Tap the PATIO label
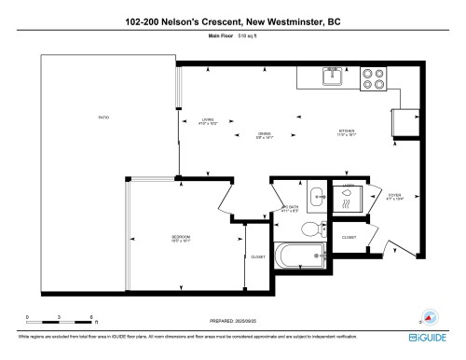(104, 118)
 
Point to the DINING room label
(265, 133)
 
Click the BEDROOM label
(180, 239)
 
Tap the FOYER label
(394, 196)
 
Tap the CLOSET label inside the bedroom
(258, 256)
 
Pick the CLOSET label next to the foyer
(349, 238)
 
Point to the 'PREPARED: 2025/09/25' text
(232, 324)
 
